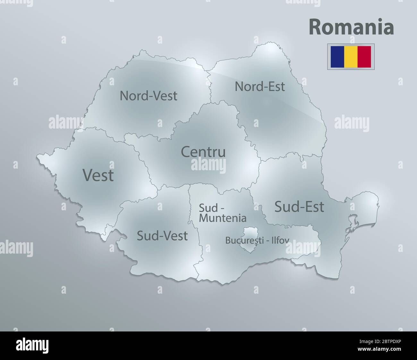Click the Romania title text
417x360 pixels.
click(351, 28)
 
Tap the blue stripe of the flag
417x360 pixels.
click(336, 56)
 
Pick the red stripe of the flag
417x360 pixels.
click(364, 56)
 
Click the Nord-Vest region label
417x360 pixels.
click(149, 96)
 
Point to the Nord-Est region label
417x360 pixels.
click(260, 86)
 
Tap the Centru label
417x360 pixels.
click(203, 152)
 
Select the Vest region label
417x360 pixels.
click(98, 175)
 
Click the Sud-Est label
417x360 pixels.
click(299, 207)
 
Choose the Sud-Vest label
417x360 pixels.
click(162, 236)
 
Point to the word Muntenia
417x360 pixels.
click(223, 218)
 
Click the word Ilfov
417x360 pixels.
click(281, 240)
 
